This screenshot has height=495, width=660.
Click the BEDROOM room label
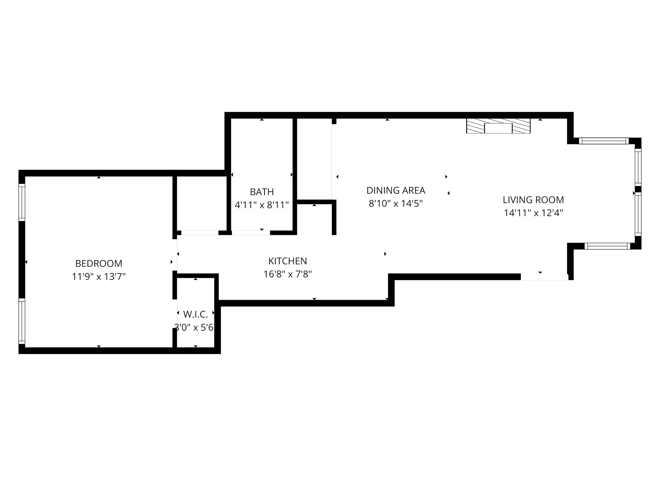coord(99,264)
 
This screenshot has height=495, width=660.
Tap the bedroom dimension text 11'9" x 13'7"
coord(99,277)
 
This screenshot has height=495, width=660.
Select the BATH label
coord(262,192)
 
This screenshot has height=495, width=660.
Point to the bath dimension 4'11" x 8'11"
coord(262,205)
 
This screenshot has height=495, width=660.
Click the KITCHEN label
coord(288,261)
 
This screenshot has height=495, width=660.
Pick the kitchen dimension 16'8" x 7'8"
coord(288,274)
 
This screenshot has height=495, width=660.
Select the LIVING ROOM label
coord(533,200)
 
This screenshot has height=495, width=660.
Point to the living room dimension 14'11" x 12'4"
coord(533,213)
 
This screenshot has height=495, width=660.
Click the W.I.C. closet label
coord(195,314)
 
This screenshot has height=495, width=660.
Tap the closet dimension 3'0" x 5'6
coord(194,328)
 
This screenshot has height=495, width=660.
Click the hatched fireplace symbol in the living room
coord(498,126)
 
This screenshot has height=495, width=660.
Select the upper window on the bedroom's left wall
coord(22,202)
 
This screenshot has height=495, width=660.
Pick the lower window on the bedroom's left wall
coord(22,321)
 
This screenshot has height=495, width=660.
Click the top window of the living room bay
coord(604,141)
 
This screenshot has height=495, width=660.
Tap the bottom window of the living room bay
coord(607,246)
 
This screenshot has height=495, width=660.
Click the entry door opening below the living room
coord(544,277)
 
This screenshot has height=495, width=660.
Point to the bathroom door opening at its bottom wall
coord(251,233)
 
